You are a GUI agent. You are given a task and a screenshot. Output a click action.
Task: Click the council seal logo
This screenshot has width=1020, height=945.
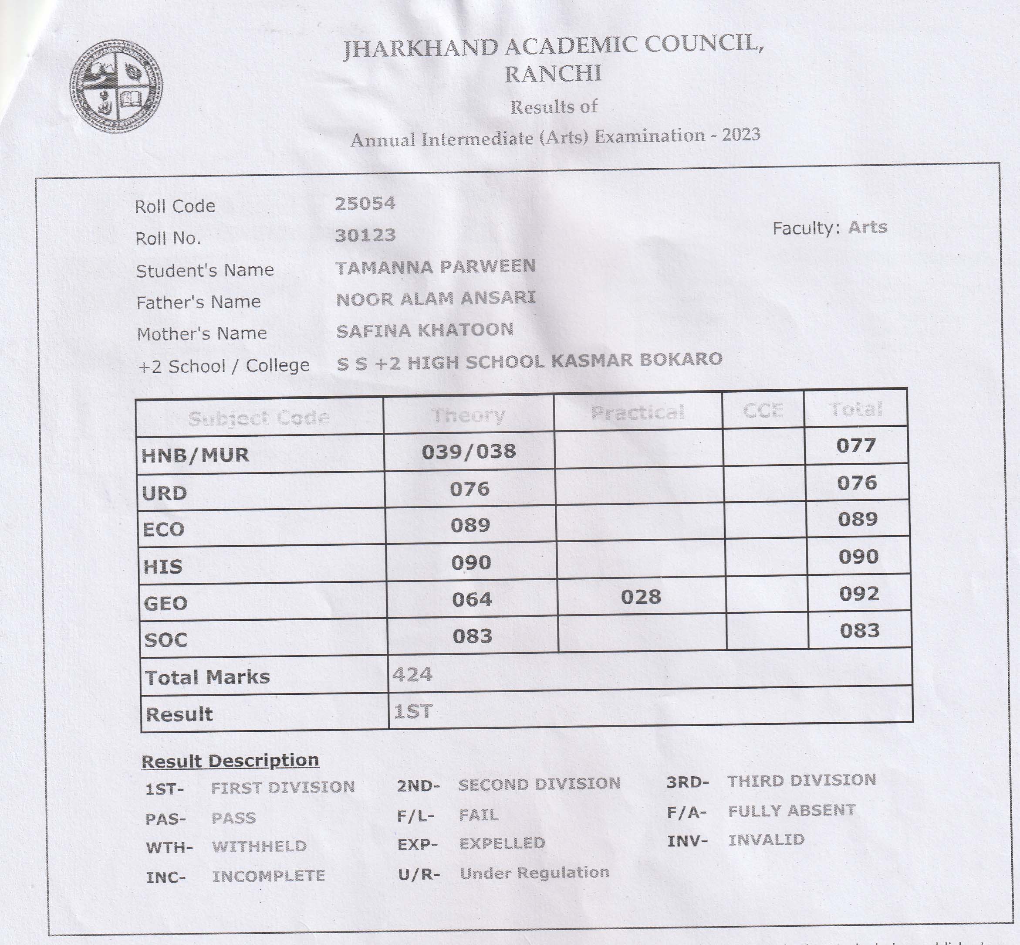(117, 86)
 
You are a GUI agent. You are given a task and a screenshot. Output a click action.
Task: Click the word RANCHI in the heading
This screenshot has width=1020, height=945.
(553, 74)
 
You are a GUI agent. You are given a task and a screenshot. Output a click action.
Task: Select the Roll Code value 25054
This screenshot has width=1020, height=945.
(365, 204)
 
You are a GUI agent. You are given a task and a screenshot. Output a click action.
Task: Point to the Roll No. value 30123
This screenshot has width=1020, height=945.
(365, 235)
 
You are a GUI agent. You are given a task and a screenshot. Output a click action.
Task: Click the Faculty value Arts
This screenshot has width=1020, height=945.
(867, 227)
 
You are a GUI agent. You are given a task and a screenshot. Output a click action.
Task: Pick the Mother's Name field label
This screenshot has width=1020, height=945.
(202, 334)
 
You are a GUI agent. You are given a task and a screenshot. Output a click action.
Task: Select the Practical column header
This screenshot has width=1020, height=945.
(637, 412)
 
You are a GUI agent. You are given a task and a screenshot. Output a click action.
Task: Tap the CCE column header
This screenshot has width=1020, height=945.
(763, 410)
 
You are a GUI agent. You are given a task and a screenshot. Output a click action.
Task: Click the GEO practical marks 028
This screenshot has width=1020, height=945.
(641, 597)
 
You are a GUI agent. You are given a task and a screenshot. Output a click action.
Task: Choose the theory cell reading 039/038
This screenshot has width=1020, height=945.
(469, 452)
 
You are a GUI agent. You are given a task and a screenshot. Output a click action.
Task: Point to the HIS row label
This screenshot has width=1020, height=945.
(163, 567)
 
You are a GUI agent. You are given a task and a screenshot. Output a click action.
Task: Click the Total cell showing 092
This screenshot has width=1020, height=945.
(858, 594)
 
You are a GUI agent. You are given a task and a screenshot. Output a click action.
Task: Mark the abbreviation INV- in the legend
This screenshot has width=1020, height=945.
(687, 841)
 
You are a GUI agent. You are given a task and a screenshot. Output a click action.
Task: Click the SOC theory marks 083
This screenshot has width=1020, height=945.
(472, 636)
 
